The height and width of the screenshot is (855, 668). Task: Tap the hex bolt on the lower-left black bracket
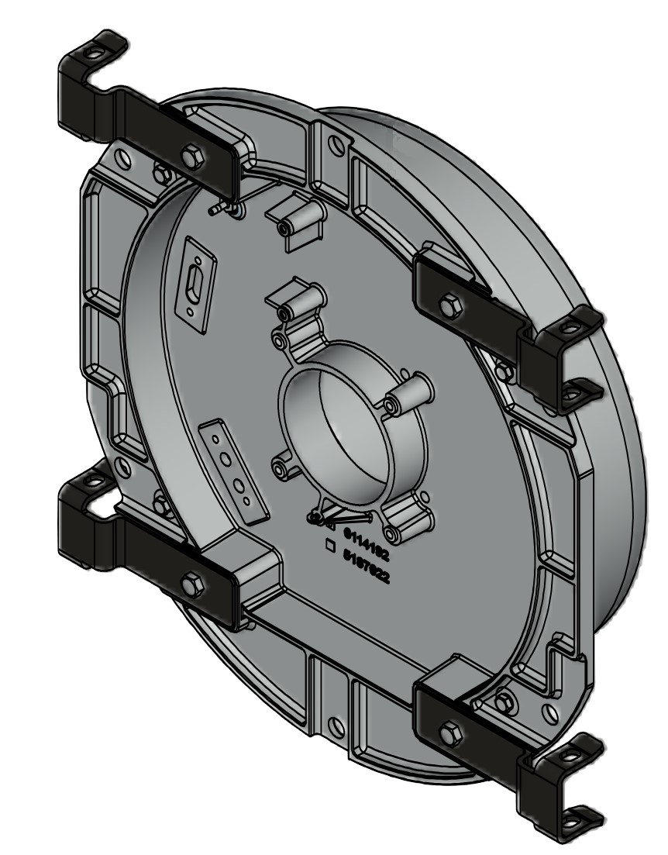190,582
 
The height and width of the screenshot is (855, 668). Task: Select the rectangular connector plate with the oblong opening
193,284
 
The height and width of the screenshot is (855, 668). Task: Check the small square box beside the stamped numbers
330,546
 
